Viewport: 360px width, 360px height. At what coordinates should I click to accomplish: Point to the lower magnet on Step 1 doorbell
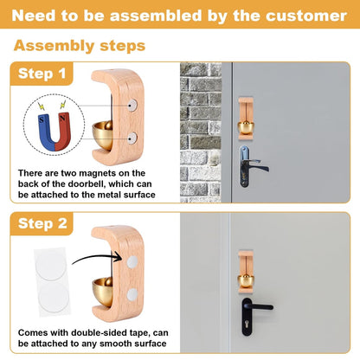tap(132, 137)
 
